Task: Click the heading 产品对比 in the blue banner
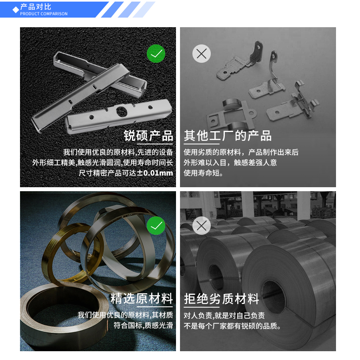pos(36,7)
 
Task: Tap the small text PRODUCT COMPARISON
pos(44,14)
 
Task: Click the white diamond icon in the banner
pos(16,10)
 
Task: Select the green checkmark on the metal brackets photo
pos(156,54)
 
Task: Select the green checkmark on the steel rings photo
pos(156,226)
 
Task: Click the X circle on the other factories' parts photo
pos(202,54)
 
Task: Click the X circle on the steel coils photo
pos(202,226)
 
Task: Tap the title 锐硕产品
pos(148,136)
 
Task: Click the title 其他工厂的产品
pos(228,136)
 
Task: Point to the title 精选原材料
pos(142,299)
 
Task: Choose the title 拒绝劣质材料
pos(222,299)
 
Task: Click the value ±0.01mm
pos(155,173)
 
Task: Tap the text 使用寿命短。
pos(204,173)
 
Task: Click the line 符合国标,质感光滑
pos(143,326)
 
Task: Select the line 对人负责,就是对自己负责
pos(224,315)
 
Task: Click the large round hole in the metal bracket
pos(121,110)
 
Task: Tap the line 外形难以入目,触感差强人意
pos(230,163)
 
